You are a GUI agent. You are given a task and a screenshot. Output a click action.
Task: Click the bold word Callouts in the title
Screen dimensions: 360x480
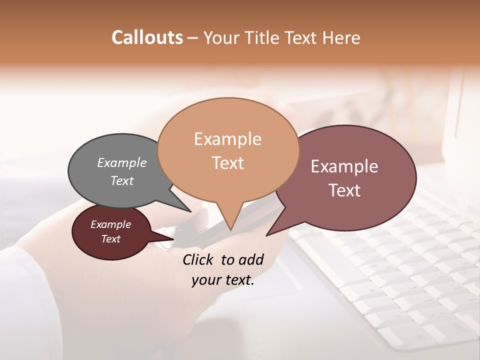pos(147,37)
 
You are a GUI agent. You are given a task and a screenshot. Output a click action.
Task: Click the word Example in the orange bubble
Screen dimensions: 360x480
pos(228,139)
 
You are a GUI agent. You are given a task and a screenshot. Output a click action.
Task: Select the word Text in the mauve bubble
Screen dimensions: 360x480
pos(345,190)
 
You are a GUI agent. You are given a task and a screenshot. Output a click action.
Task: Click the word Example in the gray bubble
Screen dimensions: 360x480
pos(122,162)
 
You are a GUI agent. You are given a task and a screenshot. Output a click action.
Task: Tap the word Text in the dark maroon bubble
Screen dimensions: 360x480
pos(111,239)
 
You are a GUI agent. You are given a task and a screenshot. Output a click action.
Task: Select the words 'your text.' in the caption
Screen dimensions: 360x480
pos(223,280)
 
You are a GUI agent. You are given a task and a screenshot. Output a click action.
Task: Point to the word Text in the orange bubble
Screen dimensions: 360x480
pos(228,163)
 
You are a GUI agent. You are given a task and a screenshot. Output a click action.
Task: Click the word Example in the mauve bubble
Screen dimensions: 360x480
pos(345,166)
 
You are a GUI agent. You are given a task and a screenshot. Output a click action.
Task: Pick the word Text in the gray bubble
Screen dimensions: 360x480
pos(122,180)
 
